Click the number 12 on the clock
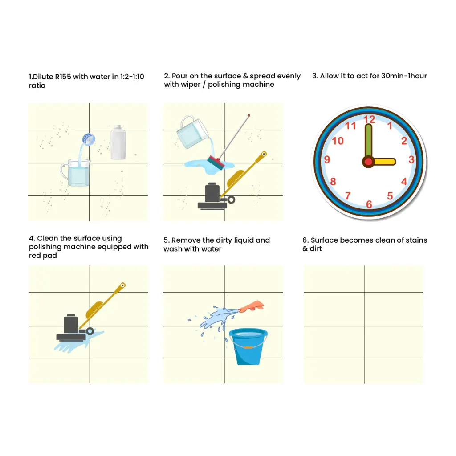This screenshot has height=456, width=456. pyautogui.click(x=369, y=119)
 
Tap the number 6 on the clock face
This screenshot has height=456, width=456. pyautogui.click(x=369, y=204)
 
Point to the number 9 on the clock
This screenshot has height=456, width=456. pyautogui.click(x=327, y=159)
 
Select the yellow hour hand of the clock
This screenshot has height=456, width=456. pyautogui.click(x=383, y=162)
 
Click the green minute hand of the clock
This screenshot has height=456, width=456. pyautogui.click(x=368, y=141)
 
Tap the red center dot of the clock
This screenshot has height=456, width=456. pyautogui.click(x=368, y=162)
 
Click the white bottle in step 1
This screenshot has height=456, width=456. pyautogui.click(x=118, y=142)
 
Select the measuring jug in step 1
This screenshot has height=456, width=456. pyautogui.click(x=76, y=172)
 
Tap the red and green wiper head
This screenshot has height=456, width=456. pyautogui.click(x=216, y=163)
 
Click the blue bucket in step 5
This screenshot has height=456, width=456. pyautogui.click(x=248, y=346)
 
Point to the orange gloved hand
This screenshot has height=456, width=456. pyautogui.click(x=252, y=306)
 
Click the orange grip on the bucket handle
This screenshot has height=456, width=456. pyautogui.click(x=248, y=347)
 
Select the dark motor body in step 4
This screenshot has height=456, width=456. pyautogui.click(x=71, y=324)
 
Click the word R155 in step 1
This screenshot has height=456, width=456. pyautogui.click(x=63, y=77)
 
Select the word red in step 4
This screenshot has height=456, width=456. pyautogui.click(x=35, y=255)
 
